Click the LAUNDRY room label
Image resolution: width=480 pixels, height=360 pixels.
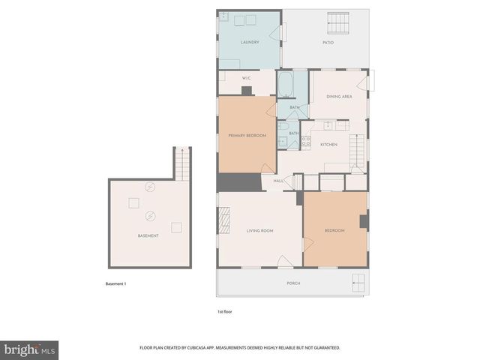[250, 42]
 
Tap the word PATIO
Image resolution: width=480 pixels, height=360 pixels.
[328, 42]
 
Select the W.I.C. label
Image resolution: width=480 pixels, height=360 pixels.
[246, 78]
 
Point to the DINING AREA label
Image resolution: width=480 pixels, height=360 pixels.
[339, 96]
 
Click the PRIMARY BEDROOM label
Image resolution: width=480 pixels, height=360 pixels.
[247, 135]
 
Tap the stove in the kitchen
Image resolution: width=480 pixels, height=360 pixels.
[306, 140]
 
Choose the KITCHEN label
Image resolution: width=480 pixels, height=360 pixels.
[328, 144]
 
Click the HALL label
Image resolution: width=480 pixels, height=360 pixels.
[277, 181]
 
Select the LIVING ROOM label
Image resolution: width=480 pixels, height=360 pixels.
[259, 230]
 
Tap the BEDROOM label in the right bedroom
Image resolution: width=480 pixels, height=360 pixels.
[334, 230]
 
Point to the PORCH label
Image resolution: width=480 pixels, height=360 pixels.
[293, 283]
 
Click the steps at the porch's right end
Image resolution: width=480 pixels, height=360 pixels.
[359, 283]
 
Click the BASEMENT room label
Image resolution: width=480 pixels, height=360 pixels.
[148, 235]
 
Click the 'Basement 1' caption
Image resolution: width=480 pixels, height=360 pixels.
[116, 283]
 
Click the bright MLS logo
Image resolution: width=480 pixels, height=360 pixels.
[30, 349]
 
